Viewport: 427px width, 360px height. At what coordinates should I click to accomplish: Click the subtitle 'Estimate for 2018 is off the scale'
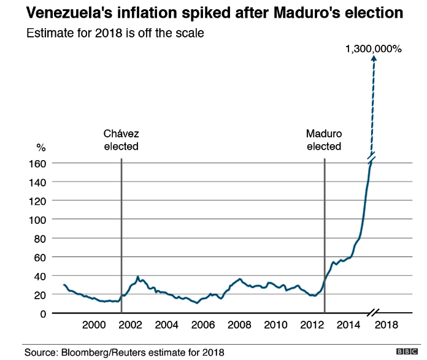click(x=115, y=33)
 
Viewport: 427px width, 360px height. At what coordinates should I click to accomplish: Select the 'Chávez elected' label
click(x=121, y=140)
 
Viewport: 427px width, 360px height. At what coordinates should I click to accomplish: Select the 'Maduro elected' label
click(x=324, y=140)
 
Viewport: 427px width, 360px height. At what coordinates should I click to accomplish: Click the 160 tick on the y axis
click(x=37, y=163)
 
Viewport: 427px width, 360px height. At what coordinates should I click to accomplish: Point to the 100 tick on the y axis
click(x=37, y=220)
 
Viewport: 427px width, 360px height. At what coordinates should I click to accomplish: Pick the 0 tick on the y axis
click(x=42, y=313)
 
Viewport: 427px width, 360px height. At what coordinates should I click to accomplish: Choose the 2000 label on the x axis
click(x=94, y=325)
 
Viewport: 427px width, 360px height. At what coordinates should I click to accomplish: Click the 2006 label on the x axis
click(x=203, y=325)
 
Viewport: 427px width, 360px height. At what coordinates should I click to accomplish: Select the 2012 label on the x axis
click(x=313, y=325)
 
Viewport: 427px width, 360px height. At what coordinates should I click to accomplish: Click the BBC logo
click(x=405, y=351)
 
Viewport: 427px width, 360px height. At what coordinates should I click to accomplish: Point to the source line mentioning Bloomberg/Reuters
click(x=125, y=352)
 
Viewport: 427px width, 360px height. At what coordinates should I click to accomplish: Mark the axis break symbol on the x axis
click(x=374, y=313)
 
